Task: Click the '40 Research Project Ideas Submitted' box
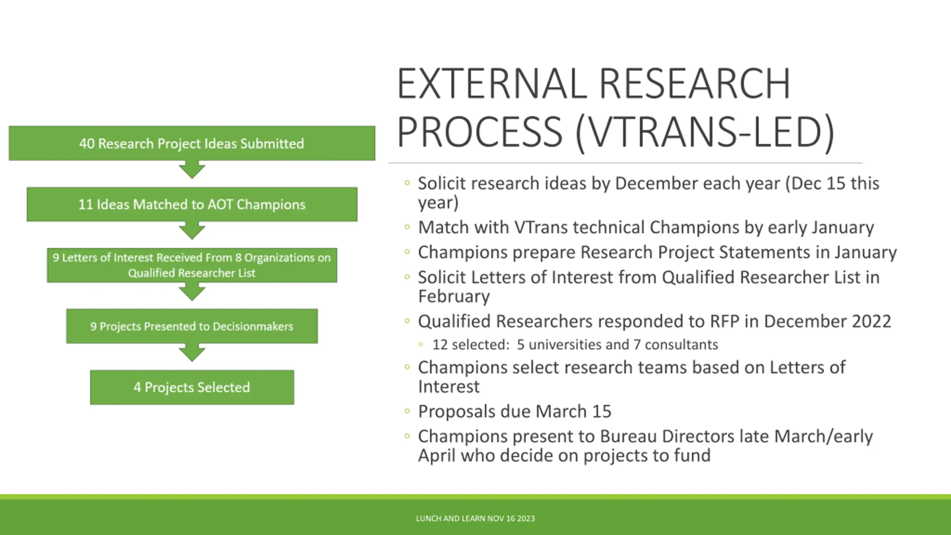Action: [x=192, y=143]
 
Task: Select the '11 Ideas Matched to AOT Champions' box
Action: [x=192, y=204]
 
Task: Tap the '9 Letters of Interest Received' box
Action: [x=192, y=265]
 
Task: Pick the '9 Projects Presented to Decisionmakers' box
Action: [x=192, y=326]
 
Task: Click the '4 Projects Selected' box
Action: [x=192, y=387]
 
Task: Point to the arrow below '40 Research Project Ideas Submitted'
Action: [x=192, y=170]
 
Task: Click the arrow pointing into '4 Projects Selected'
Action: [x=192, y=353]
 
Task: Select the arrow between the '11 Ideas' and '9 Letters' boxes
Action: [x=192, y=231]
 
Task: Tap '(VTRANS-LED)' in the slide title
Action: [x=705, y=132]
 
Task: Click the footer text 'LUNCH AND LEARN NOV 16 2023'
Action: [x=475, y=518]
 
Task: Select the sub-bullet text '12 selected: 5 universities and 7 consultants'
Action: [x=575, y=345]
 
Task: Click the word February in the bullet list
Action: [x=454, y=296]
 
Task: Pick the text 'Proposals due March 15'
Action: [x=515, y=412]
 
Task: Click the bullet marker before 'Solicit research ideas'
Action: [x=407, y=183]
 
